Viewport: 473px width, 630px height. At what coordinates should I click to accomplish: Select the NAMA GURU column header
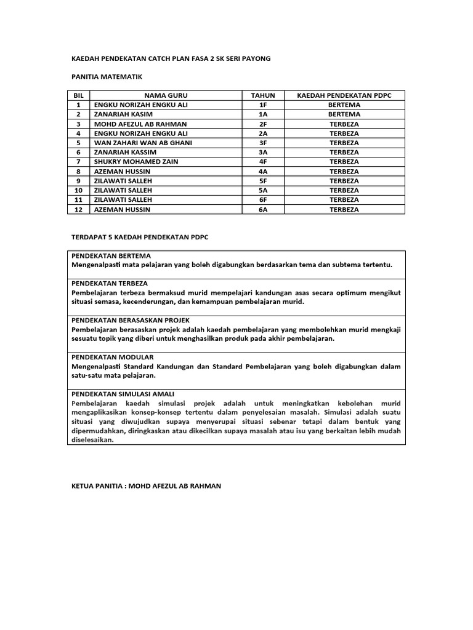166,95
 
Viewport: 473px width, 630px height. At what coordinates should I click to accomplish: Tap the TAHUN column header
263,95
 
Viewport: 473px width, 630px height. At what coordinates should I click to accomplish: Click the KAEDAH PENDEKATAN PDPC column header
344,95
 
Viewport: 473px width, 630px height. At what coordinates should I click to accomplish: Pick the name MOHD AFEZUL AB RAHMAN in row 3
140,124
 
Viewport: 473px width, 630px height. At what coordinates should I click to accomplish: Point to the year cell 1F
263,105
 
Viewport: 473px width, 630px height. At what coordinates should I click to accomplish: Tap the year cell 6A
263,209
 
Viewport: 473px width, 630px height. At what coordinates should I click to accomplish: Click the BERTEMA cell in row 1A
344,114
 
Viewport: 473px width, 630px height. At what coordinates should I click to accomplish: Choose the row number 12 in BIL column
78,209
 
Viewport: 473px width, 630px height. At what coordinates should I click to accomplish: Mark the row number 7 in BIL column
78,162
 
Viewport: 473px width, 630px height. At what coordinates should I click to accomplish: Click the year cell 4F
263,162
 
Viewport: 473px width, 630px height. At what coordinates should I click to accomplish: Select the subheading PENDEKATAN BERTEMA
111,255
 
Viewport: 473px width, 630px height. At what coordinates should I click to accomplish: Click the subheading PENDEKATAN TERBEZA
110,283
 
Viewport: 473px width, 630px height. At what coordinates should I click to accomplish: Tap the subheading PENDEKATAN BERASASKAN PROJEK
131,320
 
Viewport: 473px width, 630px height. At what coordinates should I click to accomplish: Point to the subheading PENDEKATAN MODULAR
113,357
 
